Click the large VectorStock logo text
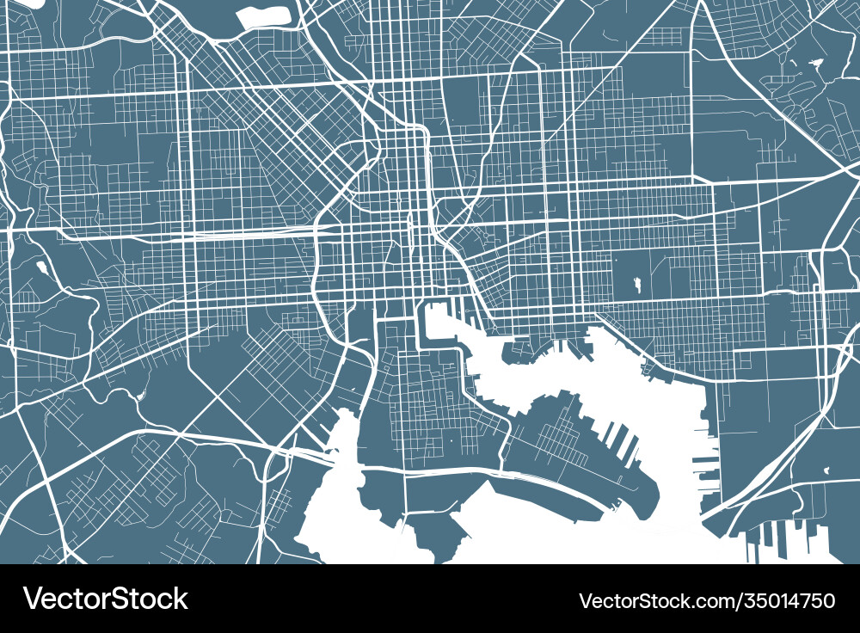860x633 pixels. (105, 599)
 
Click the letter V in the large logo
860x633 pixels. (33, 599)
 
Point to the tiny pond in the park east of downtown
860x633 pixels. (637, 283)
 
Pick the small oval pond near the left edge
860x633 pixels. (41, 267)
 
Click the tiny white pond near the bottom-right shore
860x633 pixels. (826, 470)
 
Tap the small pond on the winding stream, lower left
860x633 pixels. (139, 395)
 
